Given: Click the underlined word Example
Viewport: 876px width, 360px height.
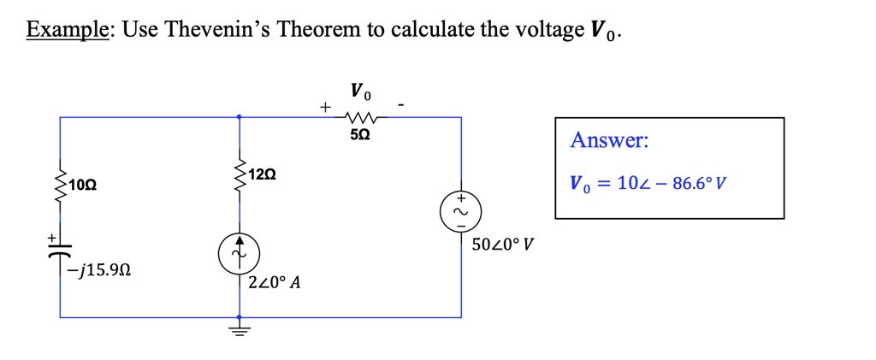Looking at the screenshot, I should tap(66, 31).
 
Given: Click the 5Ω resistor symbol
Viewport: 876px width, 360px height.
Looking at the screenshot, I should tap(358, 117).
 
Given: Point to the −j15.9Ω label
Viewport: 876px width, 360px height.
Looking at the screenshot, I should tap(101, 271).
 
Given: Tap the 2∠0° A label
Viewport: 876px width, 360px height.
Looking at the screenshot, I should tap(274, 283).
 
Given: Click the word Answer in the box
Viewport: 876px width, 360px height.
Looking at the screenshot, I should tap(609, 139).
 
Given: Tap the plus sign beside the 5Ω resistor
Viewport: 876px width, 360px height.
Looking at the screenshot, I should tap(323, 108).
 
